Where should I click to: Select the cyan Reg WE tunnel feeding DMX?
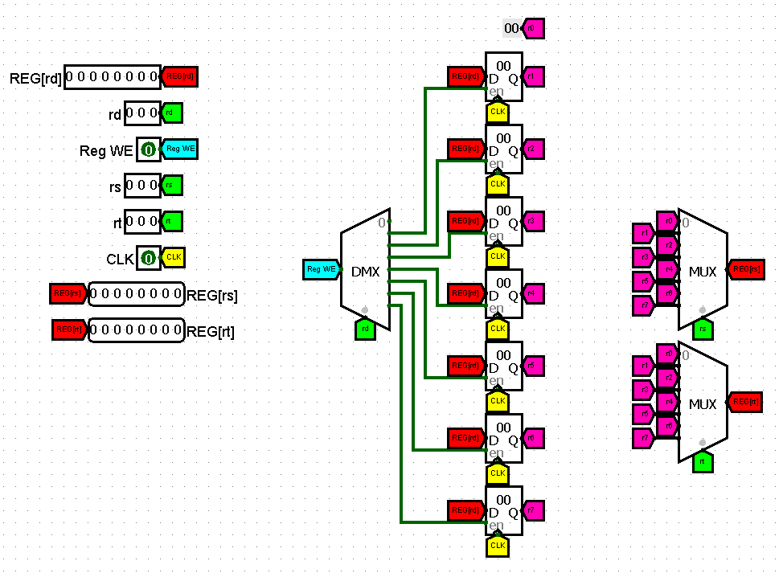(x=322, y=269)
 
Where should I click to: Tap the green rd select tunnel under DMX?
(x=365, y=328)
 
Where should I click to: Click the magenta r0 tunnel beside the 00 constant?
(x=533, y=29)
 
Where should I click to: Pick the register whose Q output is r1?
(x=504, y=77)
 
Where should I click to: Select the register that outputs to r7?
(x=504, y=511)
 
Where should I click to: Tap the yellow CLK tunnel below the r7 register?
(x=498, y=546)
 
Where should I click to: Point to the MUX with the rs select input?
(x=702, y=270)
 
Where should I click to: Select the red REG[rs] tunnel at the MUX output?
(x=745, y=270)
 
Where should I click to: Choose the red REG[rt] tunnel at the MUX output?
(x=745, y=403)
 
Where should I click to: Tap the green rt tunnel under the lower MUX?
(x=703, y=461)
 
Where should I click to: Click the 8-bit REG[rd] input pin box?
(x=112, y=77)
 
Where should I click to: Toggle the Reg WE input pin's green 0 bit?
(x=148, y=149)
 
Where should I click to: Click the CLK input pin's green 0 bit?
(x=148, y=259)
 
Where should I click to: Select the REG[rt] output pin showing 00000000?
(x=136, y=330)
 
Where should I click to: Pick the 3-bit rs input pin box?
(x=142, y=186)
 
